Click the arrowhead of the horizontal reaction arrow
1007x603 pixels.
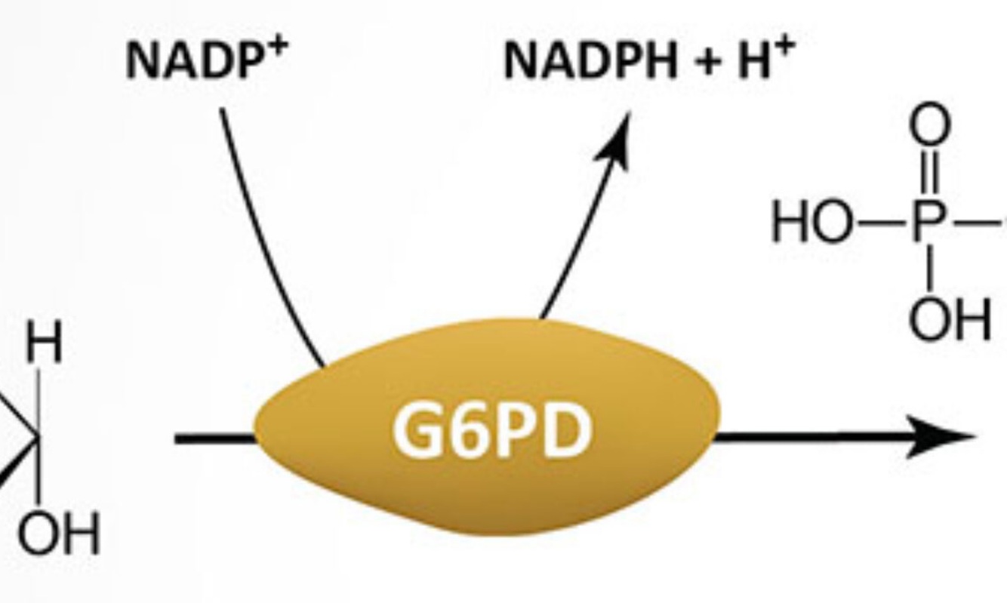[x=944, y=437]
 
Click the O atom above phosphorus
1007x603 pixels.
[x=929, y=125]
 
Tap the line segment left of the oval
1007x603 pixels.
[x=215, y=438]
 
